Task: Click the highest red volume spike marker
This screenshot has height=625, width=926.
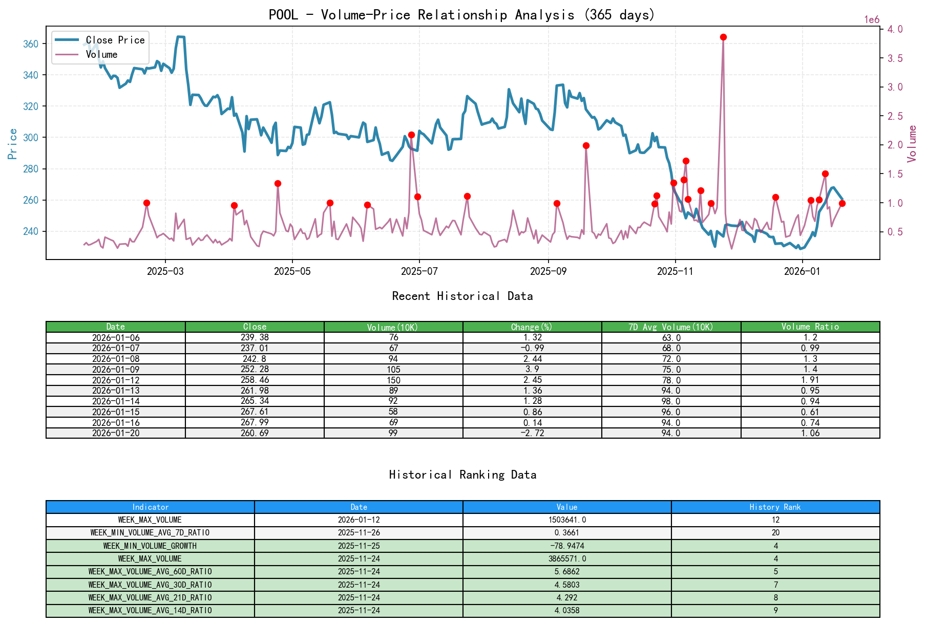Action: click(x=723, y=37)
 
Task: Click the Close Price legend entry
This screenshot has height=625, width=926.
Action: click(x=115, y=40)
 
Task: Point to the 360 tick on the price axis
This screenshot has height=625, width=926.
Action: click(x=31, y=44)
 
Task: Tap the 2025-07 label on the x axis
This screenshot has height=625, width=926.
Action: click(x=419, y=271)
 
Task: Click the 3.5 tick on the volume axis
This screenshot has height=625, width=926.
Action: click(x=895, y=58)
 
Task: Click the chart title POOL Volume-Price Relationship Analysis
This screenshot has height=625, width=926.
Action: click(x=462, y=15)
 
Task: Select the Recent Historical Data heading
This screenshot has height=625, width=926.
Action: click(x=462, y=296)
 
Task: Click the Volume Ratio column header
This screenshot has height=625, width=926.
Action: click(x=810, y=327)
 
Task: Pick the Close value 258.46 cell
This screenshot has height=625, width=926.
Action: click(x=255, y=380)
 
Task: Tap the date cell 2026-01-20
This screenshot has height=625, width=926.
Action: click(x=116, y=433)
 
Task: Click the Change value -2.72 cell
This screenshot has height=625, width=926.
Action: click(x=532, y=433)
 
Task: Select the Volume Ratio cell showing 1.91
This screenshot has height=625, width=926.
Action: click(x=810, y=380)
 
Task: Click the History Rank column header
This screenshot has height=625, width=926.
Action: click(x=775, y=507)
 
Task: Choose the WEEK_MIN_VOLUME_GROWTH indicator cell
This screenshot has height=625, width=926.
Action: click(x=150, y=546)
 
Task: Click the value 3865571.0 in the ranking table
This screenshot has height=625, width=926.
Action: click(x=567, y=558)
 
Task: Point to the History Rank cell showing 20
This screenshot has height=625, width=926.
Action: click(x=775, y=533)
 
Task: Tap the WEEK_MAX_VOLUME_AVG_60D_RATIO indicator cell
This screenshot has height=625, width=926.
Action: click(x=150, y=572)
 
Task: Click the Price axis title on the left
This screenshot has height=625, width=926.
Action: click(x=13, y=144)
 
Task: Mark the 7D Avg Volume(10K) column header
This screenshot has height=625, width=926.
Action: click(x=671, y=327)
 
